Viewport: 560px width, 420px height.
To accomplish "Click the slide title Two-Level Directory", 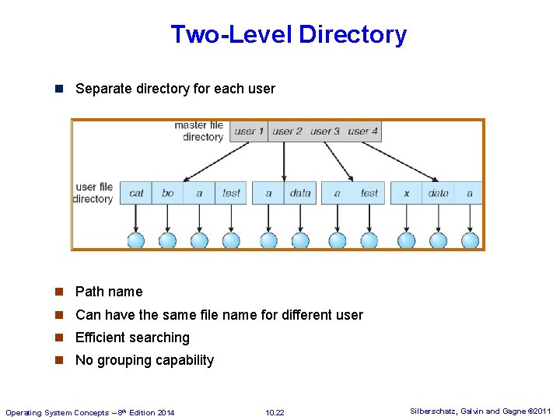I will click(288, 35).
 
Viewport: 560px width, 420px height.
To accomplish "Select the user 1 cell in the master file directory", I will click(249, 131).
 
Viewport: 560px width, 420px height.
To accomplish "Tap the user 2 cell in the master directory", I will click(287, 131).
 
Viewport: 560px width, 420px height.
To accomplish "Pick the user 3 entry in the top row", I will click(325, 131).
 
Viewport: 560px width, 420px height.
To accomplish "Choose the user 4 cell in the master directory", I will click(362, 131).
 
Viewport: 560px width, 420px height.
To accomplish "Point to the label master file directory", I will click(199, 131).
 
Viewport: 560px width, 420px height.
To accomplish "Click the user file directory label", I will click(94, 193).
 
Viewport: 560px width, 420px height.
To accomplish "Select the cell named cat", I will click(136, 193).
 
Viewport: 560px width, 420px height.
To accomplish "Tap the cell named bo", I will click(167, 193).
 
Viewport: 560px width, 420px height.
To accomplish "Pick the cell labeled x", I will click(406, 193).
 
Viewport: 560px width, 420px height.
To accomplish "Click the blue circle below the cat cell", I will click(136, 240).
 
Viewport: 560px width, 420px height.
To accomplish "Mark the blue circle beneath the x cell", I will click(406, 240).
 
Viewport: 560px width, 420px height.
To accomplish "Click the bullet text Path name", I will click(109, 292).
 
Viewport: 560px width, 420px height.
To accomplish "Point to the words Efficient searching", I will click(132, 338).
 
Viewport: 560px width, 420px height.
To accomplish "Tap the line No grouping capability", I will click(144, 360).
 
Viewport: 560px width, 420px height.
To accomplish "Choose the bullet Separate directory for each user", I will click(175, 89).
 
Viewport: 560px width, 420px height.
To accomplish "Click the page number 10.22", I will click(275, 412).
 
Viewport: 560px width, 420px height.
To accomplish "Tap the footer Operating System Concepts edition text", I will click(90, 412).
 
